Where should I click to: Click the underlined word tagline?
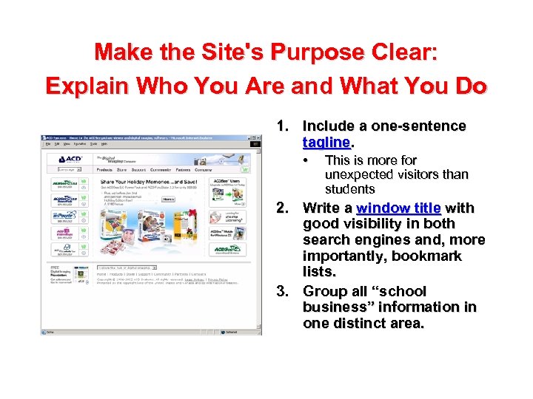(326, 142)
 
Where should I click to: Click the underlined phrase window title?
(398, 208)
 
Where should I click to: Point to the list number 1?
(282, 126)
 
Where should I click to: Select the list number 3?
(282, 290)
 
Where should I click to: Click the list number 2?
(282, 208)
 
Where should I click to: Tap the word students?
(350, 190)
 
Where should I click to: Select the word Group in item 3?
(324, 290)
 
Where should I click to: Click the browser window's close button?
(258, 138)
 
